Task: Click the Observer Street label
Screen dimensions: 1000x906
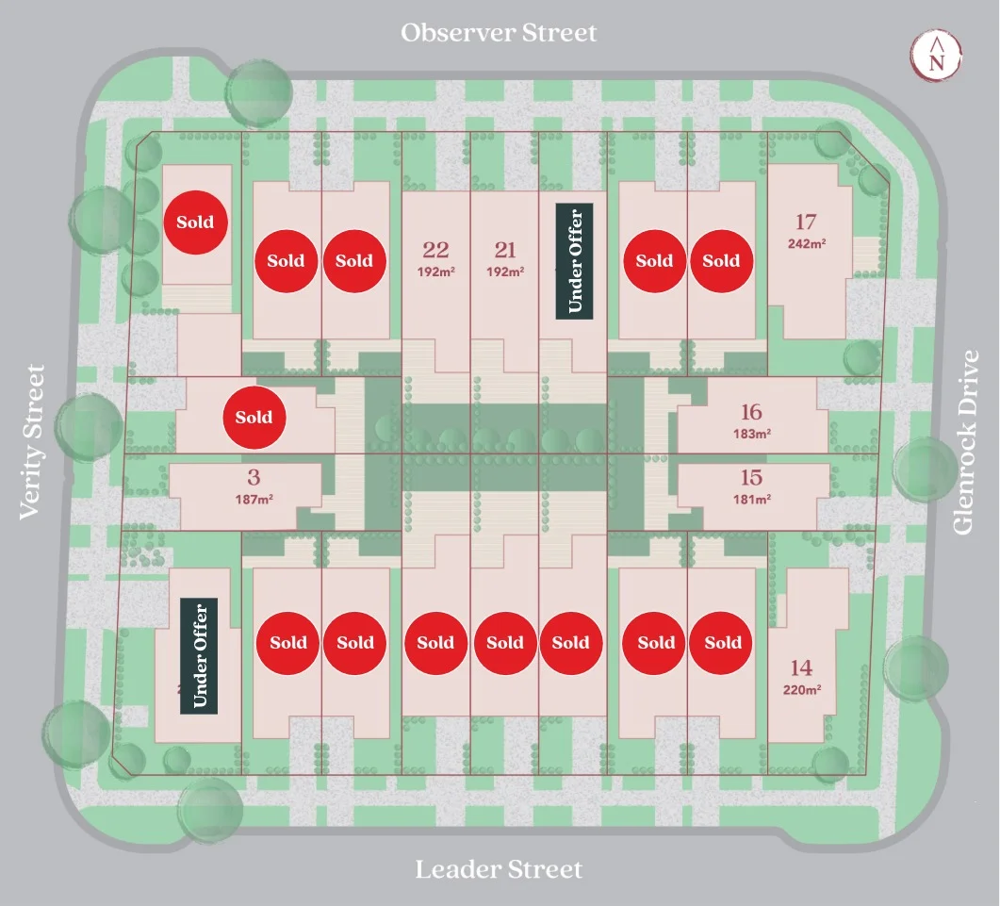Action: (499, 33)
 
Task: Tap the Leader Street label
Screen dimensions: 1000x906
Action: (499, 869)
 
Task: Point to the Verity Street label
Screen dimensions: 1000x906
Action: (32, 442)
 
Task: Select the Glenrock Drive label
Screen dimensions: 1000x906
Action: (965, 441)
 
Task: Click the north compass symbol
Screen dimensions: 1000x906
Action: (936, 55)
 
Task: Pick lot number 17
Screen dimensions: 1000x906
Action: (806, 222)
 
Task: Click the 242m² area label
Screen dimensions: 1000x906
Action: (807, 244)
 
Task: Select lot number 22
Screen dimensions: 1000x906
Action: (435, 250)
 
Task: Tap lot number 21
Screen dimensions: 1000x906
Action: (505, 250)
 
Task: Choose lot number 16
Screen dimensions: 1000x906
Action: (751, 412)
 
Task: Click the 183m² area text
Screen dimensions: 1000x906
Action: (752, 434)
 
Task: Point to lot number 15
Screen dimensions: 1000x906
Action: (751, 477)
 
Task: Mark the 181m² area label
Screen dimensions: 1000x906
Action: (752, 499)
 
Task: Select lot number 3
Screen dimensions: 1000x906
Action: (254, 477)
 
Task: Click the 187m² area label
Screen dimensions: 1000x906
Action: (254, 499)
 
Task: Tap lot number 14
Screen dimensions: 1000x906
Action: (802, 668)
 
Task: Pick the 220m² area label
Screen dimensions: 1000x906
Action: (802, 690)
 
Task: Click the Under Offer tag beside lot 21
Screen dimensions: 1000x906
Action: (575, 261)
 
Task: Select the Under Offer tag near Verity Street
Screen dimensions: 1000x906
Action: (199, 656)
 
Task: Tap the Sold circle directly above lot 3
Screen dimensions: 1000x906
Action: (254, 418)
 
